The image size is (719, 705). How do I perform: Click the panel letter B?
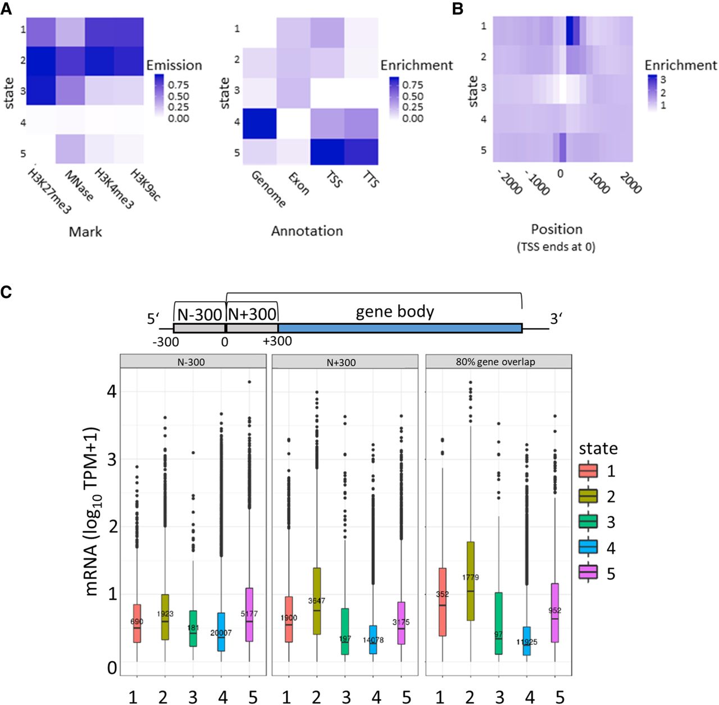click(457, 10)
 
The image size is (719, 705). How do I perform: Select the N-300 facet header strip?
click(193, 362)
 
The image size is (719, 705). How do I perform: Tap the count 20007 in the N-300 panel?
click(220, 633)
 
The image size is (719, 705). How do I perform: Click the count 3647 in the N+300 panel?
click(316, 601)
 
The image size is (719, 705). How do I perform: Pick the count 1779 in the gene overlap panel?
click(471, 577)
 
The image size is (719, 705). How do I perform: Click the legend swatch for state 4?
click(588, 548)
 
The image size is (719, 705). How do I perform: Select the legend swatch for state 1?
click(588, 471)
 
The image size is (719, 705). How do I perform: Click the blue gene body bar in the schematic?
click(400, 328)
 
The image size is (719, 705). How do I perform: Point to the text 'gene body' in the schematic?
click(395, 312)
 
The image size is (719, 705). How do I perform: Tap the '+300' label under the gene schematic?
click(277, 341)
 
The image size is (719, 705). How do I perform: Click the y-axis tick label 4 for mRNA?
click(111, 391)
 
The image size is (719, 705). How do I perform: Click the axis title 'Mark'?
click(85, 232)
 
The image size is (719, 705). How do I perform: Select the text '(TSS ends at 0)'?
click(556, 246)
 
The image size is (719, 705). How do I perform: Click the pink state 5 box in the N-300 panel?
click(249, 614)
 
